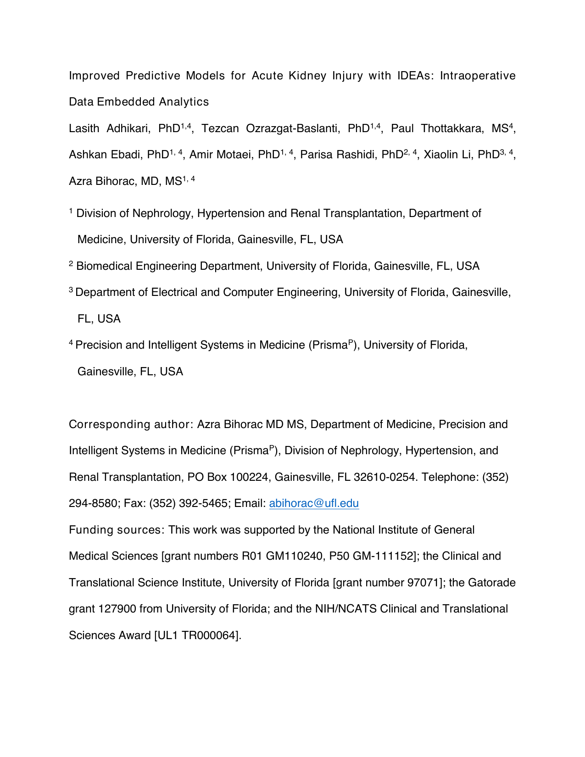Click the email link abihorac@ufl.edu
coord(314,503)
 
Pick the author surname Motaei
coord(234,155)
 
